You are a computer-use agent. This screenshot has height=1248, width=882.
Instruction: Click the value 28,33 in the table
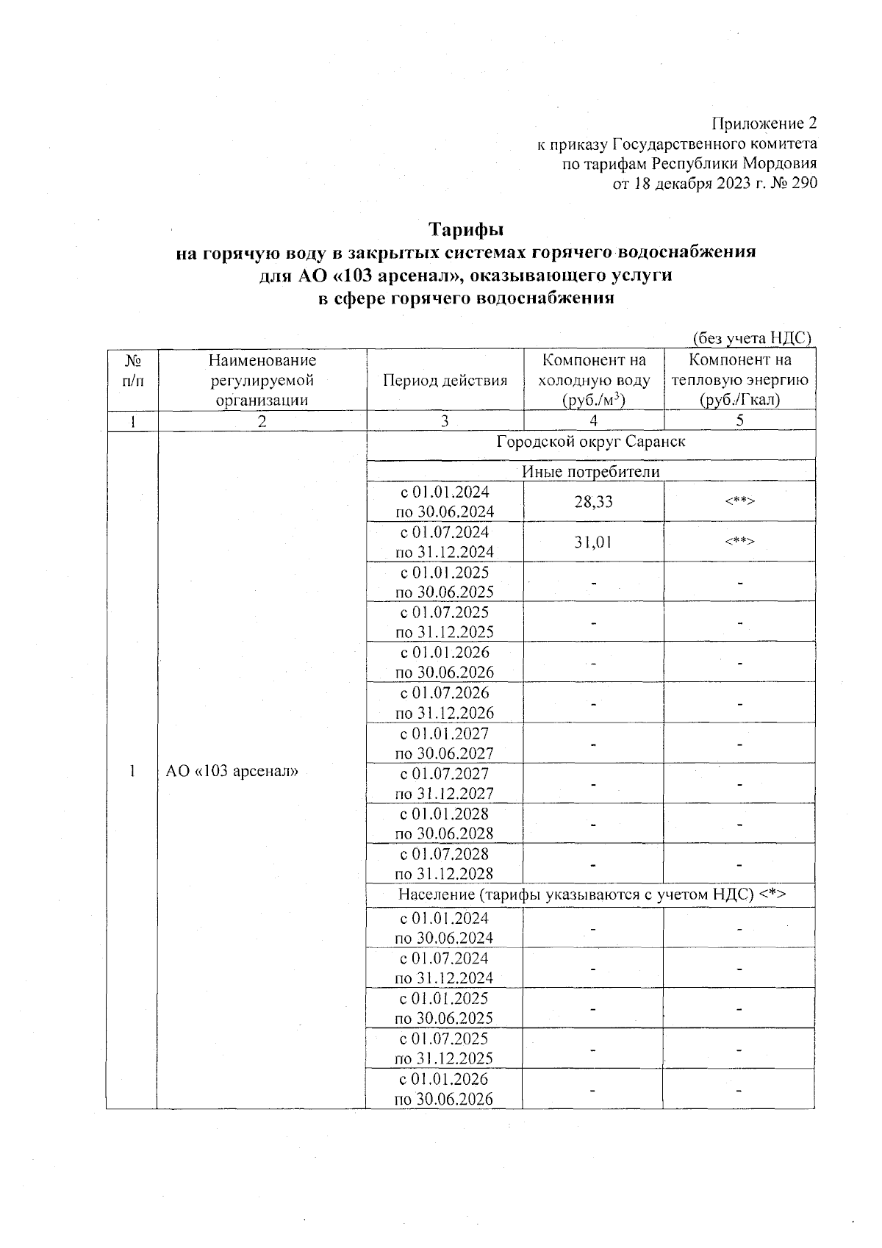[x=593, y=502]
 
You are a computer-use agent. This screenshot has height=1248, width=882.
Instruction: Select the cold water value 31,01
[x=593, y=542]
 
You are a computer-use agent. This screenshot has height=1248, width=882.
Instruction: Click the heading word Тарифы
[x=466, y=229]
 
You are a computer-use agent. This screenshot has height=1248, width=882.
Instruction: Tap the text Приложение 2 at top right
[x=764, y=122]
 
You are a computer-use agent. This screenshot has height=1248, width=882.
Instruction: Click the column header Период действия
[x=445, y=381]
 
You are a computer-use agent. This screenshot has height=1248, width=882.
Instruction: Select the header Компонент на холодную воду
[x=594, y=380]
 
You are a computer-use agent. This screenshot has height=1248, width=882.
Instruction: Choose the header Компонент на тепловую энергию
[x=739, y=380]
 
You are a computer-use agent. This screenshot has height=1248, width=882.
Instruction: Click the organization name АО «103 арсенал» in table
[x=232, y=772]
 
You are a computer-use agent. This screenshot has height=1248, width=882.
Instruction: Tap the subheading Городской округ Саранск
[x=591, y=442]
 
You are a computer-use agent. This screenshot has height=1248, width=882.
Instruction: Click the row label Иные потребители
[x=591, y=472]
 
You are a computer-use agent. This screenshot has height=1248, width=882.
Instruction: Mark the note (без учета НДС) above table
[x=752, y=338]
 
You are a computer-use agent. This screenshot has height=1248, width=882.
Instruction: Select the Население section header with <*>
[x=592, y=894]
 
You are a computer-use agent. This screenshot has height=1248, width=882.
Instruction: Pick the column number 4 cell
[x=593, y=420]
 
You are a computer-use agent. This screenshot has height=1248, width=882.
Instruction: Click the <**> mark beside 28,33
[x=739, y=502]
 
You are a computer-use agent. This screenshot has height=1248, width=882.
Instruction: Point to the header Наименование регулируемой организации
[x=262, y=380]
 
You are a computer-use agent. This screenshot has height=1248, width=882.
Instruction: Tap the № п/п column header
[x=132, y=370]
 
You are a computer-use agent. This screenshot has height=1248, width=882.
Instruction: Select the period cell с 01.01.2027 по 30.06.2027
[x=445, y=743]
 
